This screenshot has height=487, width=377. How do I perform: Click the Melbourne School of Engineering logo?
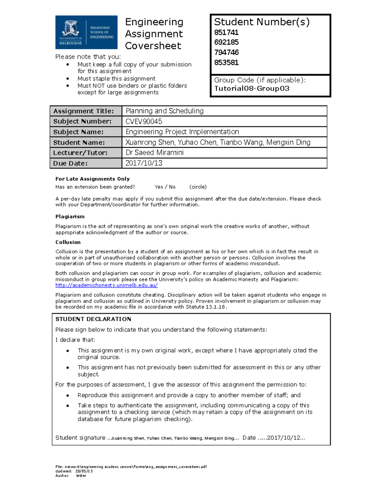point(86,32)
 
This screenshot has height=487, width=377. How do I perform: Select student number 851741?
point(226,33)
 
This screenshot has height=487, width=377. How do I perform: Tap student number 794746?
point(226,52)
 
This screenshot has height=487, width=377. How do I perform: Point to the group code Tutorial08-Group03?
point(252,88)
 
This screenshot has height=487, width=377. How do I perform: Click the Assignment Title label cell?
point(84,111)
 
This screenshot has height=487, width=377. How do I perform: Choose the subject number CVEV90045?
point(144,121)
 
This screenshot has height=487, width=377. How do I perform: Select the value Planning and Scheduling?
point(165,111)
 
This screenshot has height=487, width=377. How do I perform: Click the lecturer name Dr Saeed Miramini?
point(155,153)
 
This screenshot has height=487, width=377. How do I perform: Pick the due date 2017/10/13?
point(144,163)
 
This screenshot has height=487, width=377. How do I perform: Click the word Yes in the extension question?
point(159,187)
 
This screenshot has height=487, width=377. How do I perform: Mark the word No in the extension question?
point(172,187)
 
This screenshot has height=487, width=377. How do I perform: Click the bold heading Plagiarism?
point(70,217)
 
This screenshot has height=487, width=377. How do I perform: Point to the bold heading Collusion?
point(68,242)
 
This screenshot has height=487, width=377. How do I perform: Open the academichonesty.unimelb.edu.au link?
point(107,285)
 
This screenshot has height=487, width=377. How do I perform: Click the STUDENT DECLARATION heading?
point(93,319)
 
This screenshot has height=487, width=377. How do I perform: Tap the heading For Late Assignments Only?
point(92,179)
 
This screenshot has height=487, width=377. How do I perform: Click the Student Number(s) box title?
point(262,22)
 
